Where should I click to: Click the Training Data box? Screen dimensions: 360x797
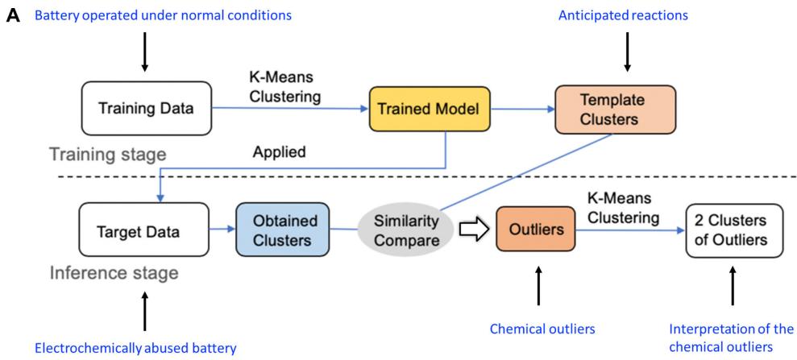pyautogui.click(x=146, y=107)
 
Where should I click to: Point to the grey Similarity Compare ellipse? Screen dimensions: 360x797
pyautogui.click(x=401, y=230)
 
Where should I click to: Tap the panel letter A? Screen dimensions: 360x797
pyautogui.click(x=10, y=15)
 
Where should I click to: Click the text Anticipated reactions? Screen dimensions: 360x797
pyautogui.click(x=626, y=15)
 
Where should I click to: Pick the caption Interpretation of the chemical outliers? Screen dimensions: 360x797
pyautogui.click(x=732, y=337)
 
